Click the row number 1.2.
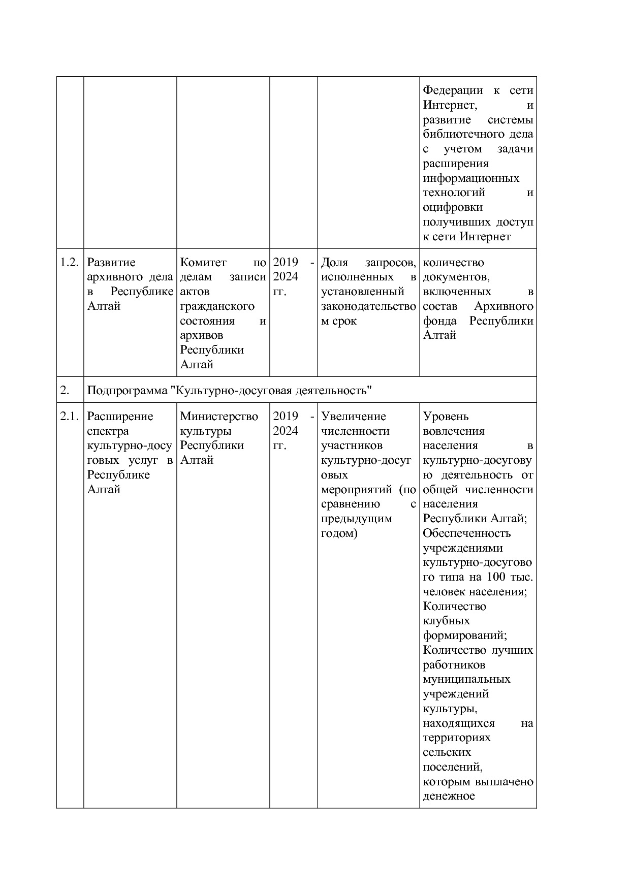[69, 263]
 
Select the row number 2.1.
[69, 417]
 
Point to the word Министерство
[219, 417]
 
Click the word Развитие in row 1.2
[111, 263]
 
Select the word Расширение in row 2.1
[120, 417]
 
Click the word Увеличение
[354, 417]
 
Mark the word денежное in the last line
[449, 796]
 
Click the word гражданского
[217, 306]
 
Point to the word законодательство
[368, 306]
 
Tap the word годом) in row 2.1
[339, 533]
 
